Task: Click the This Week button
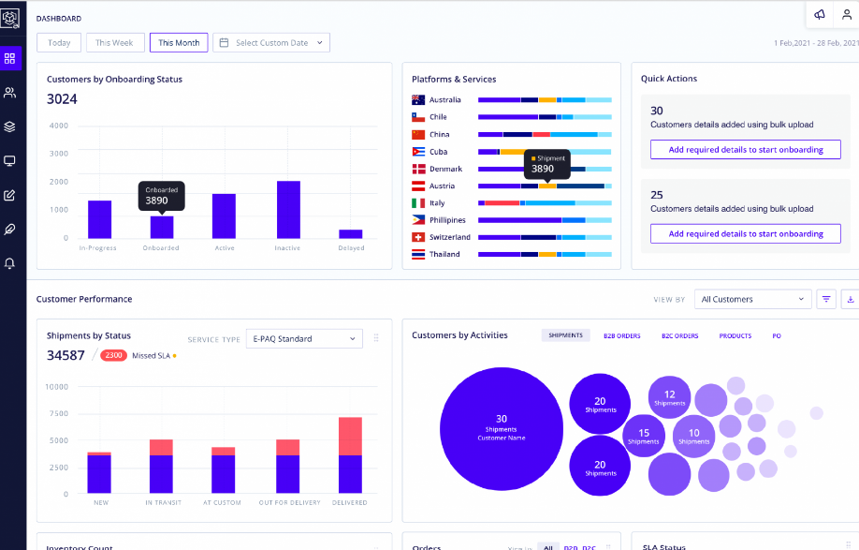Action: [x=115, y=43]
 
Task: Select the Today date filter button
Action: [x=59, y=43]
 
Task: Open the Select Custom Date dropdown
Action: [x=271, y=43]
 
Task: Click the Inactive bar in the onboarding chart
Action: [x=288, y=209]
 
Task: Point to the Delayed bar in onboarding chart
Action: [x=351, y=233]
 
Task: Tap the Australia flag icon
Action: [x=418, y=100]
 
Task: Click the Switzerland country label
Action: [x=449, y=237]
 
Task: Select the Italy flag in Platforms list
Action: [x=418, y=203]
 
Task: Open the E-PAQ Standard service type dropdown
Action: [x=303, y=338]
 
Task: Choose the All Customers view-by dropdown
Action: [x=753, y=299]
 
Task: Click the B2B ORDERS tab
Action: [x=622, y=335]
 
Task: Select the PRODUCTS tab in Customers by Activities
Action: [x=735, y=335]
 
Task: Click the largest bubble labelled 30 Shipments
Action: [x=501, y=428]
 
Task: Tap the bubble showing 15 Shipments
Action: [x=643, y=437]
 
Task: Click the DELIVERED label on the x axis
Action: [x=350, y=503]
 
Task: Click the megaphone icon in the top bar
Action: [x=820, y=14]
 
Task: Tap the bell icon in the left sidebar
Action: [x=10, y=263]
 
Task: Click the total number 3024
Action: [x=62, y=99]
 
